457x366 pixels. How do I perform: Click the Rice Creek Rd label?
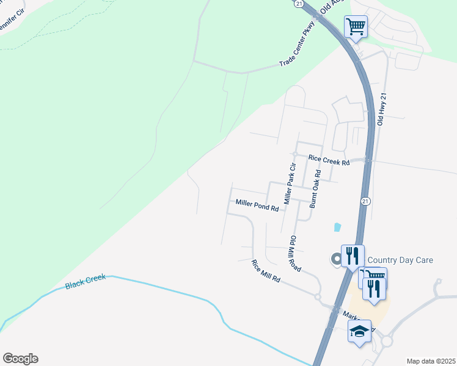click(329, 162)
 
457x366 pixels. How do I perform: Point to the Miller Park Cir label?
click(290, 183)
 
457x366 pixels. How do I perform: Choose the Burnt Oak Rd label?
click(315, 190)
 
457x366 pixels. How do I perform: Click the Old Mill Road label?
click(295, 253)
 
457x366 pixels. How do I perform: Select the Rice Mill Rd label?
click(266, 271)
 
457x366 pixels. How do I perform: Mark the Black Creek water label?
click(86, 281)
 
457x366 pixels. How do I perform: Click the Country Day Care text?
click(400, 260)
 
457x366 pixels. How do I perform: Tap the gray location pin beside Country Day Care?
click(335, 260)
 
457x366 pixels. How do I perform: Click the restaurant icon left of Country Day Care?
click(353, 256)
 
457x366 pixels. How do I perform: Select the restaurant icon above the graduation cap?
click(375, 289)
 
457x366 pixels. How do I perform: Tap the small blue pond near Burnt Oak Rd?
click(337, 228)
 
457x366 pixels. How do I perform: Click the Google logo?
click(20, 359)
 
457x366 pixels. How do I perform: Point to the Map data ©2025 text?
click(431, 361)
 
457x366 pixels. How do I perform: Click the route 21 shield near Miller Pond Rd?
click(365, 201)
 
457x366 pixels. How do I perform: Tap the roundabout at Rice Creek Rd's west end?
click(294, 154)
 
